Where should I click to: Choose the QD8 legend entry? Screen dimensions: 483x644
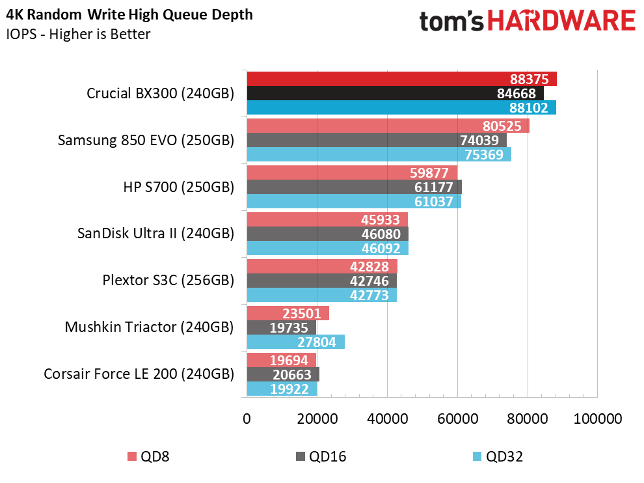pos(147,456)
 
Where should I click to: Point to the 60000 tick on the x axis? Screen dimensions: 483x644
pos(457,418)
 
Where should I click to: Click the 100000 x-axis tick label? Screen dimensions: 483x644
pos(597,418)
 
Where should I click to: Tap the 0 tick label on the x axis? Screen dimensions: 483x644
pos(247,418)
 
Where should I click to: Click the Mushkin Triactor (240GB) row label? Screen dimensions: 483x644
pos(149,327)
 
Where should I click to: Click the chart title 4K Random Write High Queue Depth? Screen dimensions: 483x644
pos(130,14)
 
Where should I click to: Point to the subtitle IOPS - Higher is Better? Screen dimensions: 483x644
pos(78,34)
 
